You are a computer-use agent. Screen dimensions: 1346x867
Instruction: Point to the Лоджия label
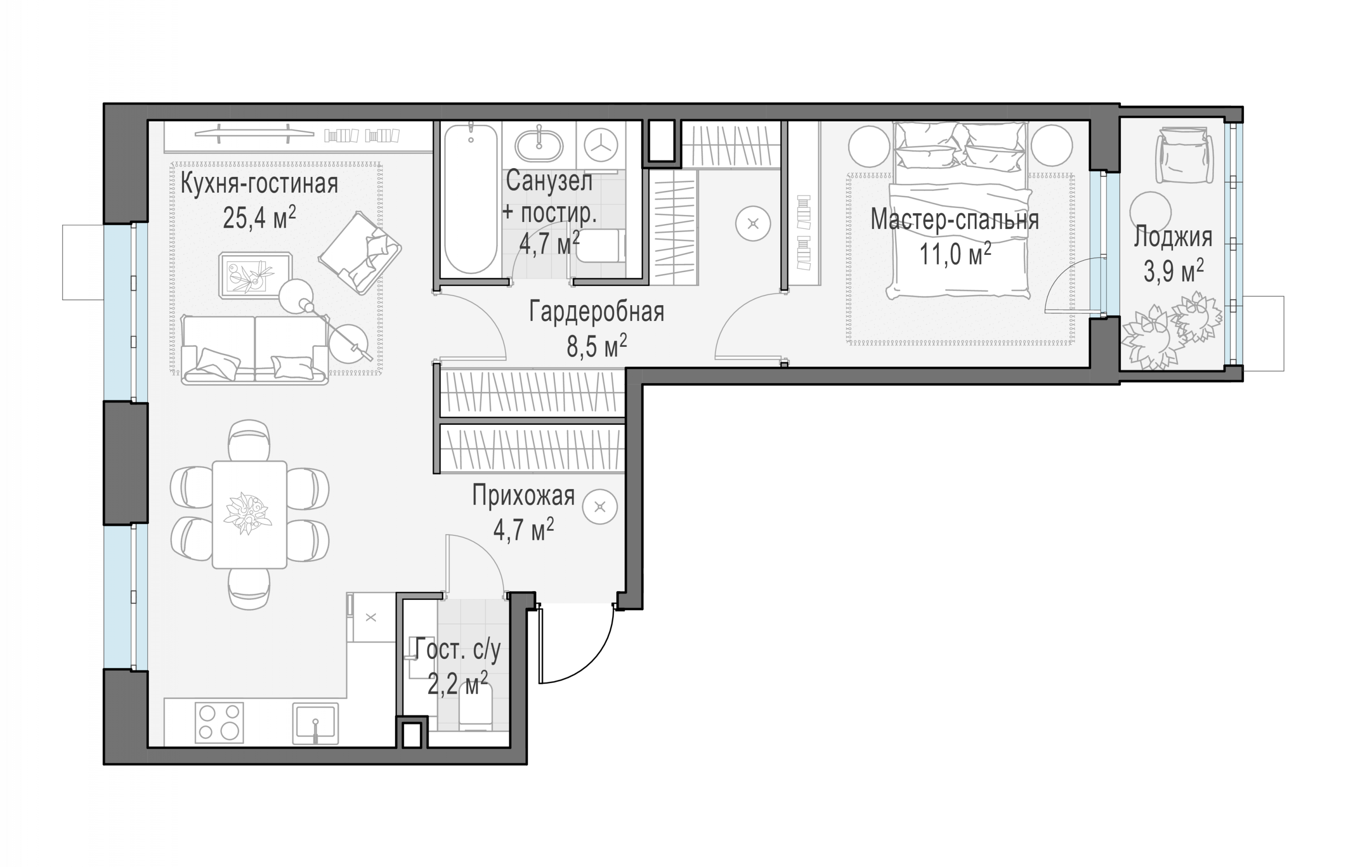[1173, 237]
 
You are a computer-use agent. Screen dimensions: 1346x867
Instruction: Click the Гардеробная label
[597, 312]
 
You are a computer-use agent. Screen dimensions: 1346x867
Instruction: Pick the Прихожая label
[524, 496]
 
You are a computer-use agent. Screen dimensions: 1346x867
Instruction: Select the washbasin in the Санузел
[539, 145]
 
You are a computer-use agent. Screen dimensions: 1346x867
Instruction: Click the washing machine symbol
[601, 145]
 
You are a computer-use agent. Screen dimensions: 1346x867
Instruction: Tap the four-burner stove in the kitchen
[219, 722]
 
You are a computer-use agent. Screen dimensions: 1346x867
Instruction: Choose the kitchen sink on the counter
[315, 724]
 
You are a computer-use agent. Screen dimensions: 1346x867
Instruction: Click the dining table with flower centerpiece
[249, 514]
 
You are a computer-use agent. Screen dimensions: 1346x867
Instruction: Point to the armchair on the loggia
[1184, 155]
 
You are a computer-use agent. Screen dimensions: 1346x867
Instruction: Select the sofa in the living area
[255, 349]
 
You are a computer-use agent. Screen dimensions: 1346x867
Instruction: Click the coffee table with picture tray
[256, 275]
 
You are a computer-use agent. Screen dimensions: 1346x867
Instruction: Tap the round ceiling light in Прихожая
[600, 507]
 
